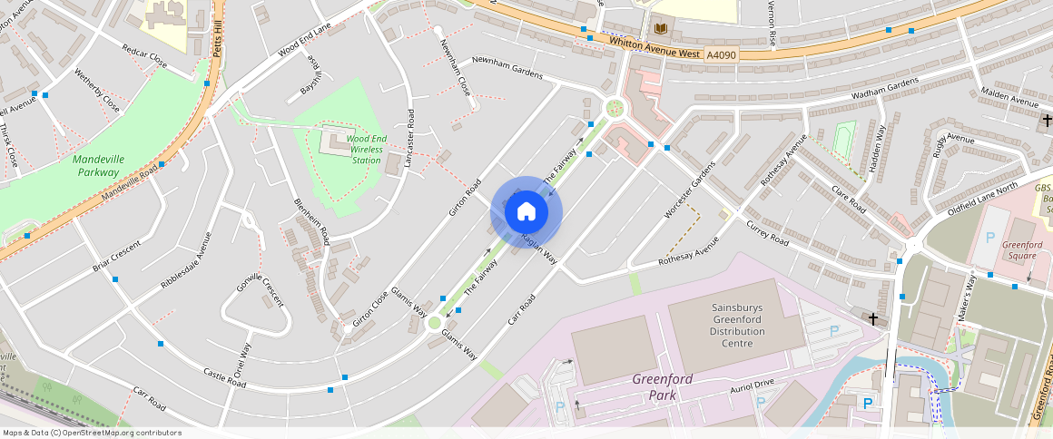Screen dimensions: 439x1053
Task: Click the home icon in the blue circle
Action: [x=526, y=212]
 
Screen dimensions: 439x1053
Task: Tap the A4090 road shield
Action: [x=722, y=55]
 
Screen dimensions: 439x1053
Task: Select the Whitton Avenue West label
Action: [x=654, y=47]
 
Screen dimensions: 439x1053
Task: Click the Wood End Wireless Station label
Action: [x=367, y=149]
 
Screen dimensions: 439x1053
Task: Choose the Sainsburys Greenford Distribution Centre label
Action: [x=737, y=326]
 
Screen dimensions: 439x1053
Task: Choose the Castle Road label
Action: [x=225, y=378]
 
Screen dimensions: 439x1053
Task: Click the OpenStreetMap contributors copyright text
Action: [x=93, y=433]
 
